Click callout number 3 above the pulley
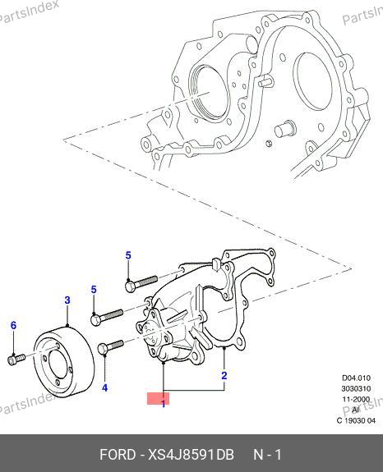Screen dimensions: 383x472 [67, 300]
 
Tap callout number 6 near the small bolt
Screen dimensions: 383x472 [13, 325]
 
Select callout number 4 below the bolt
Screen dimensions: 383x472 [104, 388]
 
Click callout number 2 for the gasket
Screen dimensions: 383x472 [224, 376]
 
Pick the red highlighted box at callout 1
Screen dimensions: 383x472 [158, 399]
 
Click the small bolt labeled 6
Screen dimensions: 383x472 [16, 360]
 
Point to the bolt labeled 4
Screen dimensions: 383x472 [111, 346]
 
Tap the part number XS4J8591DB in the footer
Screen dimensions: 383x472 [191, 455]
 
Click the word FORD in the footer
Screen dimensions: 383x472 [118, 455]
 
